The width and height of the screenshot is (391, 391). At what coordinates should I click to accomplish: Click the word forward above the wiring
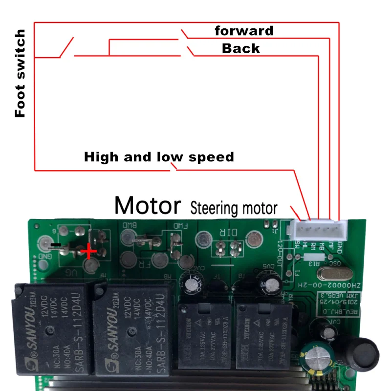tap(244, 31)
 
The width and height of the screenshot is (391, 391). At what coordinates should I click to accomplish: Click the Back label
tap(240, 48)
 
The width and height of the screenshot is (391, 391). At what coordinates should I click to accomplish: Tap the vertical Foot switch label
tap(20, 73)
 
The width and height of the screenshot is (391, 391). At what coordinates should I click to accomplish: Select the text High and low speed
tap(159, 157)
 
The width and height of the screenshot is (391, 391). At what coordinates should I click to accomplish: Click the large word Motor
tap(147, 206)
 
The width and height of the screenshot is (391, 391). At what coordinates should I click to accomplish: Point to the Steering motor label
tap(233, 209)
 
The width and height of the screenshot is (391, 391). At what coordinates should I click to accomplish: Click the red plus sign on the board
tap(88, 252)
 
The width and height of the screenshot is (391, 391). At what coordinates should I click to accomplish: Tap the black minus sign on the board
tap(57, 243)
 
